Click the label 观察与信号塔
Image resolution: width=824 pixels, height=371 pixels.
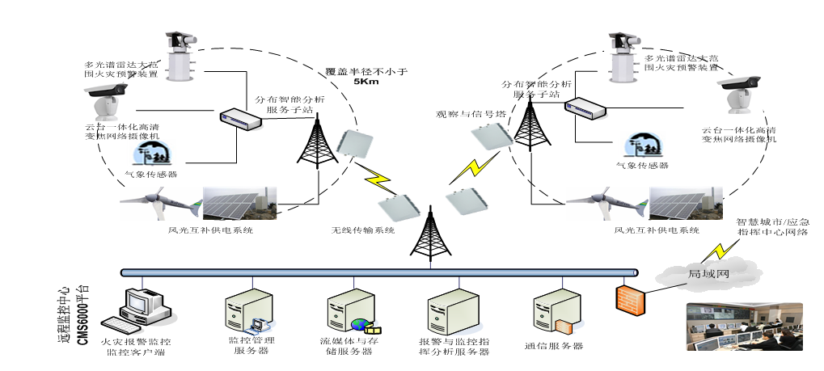pyautogui.click(x=471, y=115)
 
